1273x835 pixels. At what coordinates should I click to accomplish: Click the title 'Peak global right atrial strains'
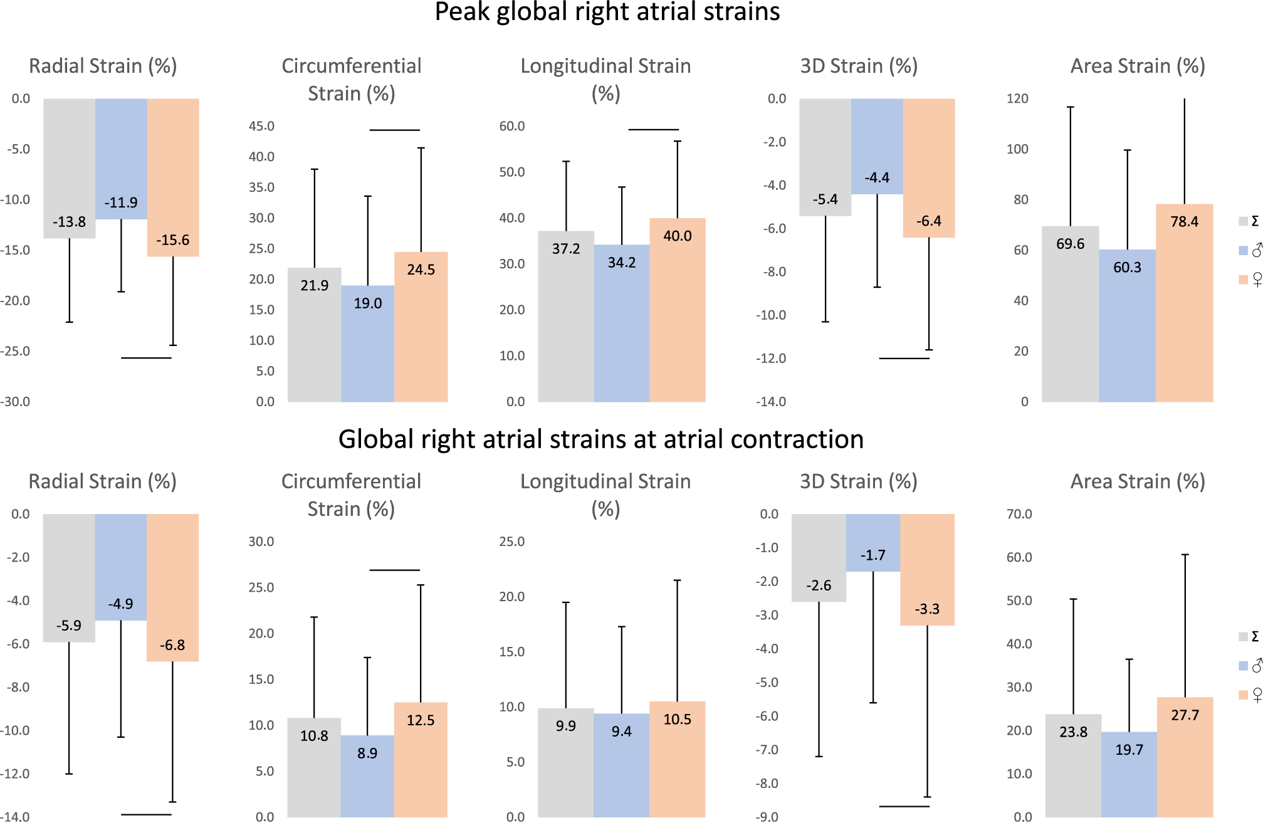[607, 13]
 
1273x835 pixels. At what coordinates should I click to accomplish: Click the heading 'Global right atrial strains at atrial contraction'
[600, 439]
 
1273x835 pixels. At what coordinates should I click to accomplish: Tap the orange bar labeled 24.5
[421, 339]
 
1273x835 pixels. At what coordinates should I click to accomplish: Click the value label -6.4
[928, 221]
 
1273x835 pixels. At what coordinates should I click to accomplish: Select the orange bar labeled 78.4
[1184, 313]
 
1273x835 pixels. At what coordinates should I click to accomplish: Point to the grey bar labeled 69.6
[1070, 326]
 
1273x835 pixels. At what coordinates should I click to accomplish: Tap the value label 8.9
[367, 754]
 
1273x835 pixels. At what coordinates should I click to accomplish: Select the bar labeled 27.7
[1185, 765]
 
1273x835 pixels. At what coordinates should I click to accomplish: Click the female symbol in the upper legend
[1257, 280]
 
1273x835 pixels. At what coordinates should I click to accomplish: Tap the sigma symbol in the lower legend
[1255, 636]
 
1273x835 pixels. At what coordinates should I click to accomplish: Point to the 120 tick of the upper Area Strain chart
[1017, 98]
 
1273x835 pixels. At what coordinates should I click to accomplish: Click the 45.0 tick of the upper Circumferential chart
[261, 126]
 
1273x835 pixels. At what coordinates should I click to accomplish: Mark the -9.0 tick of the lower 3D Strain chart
[767, 817]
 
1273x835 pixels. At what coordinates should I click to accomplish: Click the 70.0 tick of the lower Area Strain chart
[1019, 514]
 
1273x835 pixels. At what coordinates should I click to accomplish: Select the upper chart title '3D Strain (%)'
[859, 66]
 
